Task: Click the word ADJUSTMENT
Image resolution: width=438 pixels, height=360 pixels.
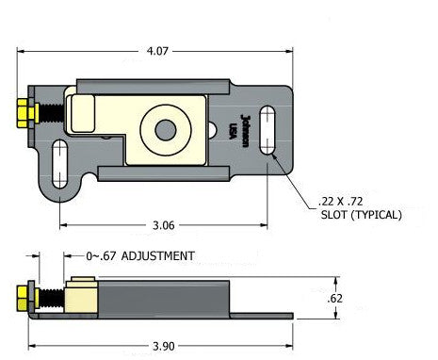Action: [x=158, y=255]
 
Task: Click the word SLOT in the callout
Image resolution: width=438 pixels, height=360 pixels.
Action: [x=333, y=215]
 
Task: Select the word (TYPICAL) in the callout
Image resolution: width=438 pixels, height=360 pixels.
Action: [x=376, y=215]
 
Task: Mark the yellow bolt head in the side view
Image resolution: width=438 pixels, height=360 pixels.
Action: [x=23, y=300]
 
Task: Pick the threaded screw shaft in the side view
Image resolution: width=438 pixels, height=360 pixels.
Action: [x=49, y=301]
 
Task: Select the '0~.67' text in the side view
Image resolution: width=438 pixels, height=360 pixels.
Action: [x=102, y=255]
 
